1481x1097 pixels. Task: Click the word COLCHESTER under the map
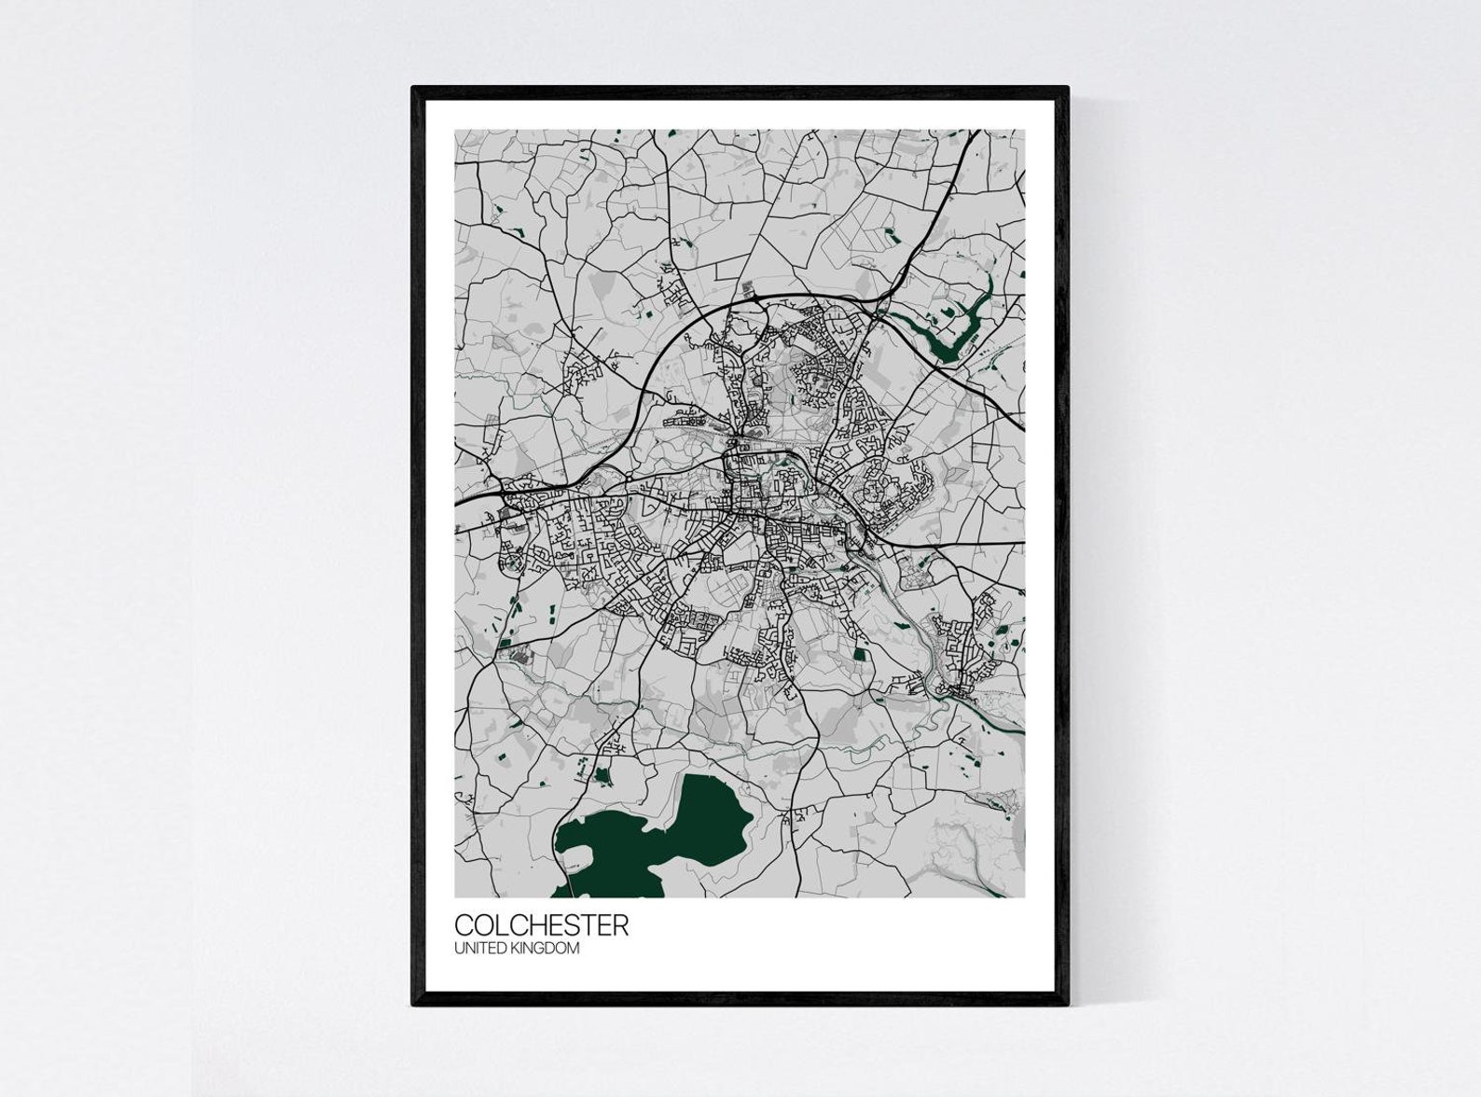click(x=541, y=925)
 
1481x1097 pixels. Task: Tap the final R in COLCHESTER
click(x=621, y=925)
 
